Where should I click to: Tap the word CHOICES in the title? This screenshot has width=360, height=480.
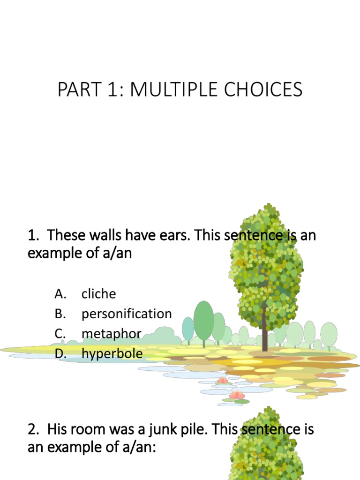pyautogui.click(x=264, y=90)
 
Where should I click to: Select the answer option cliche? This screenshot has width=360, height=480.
pyautogui.click(x=98, y=294)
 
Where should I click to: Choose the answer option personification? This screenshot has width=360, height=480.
pyautogui.click(x=127, y=314)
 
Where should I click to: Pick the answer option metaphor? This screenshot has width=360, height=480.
pyautogui.click(x=112, y=334)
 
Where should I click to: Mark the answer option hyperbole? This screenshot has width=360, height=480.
pyautogui.click(x=112, y=353)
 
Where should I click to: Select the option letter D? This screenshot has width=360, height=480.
pyautogui.click(x=60, y=353)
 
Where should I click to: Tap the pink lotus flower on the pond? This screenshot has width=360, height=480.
pyautogui.click(x=237, y=395)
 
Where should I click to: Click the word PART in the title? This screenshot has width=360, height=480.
pyautogui.click(x=75, y=90)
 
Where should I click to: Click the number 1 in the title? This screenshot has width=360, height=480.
pyautogui.click(x=112, y=90)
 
